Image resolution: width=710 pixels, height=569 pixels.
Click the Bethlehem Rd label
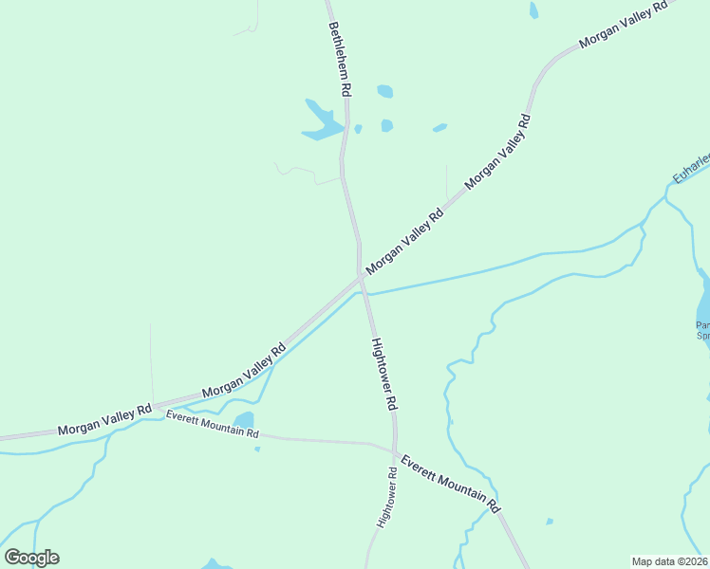[x=340, y=59]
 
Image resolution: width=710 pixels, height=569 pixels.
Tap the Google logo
[x=31, y=558]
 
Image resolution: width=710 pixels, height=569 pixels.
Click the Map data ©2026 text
[x=669, y=561]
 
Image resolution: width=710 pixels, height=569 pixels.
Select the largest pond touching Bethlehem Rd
[x=321, y=120]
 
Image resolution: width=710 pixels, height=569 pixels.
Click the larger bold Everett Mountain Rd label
[x=450, y=484]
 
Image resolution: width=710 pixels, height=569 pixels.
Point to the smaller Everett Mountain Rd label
[x=212, y=424]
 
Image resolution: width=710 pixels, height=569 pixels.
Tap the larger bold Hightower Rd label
[x=383, y=373]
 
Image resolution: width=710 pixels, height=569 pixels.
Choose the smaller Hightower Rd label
[x=386, y=497]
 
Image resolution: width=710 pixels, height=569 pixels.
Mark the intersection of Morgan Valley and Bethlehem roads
[x=361, y=277]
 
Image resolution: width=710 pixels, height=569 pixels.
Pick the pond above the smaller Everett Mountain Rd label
[x=244, y=419]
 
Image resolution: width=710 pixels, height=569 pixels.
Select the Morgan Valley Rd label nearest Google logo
[x=104, y=420]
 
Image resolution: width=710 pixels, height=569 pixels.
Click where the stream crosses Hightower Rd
[x=365, y=294]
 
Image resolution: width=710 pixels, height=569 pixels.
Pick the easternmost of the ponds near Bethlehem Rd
[x=439, y=127]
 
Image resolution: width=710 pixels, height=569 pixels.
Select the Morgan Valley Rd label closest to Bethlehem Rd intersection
[x=405, y=241]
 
